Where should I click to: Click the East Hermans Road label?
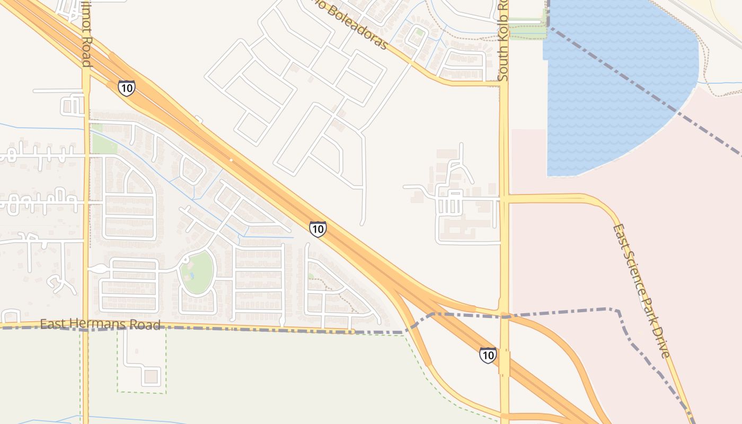(x=100, y=324)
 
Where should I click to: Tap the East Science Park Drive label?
(x=642, y=291)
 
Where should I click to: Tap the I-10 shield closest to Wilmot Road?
(x=127, y=87)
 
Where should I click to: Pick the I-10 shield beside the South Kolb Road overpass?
(x=488, y=355)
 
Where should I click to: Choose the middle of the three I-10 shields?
(x=317, y=229)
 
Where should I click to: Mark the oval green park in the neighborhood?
(x=197, y=272)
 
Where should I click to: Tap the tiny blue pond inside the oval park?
(x=192, y=276)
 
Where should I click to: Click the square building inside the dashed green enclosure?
(x=151, y=377)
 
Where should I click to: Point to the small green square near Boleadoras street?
(x=420, y=32)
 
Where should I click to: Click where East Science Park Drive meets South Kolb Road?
(x=504, y=199)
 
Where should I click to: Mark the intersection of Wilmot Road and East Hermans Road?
(x=86, y=326)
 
